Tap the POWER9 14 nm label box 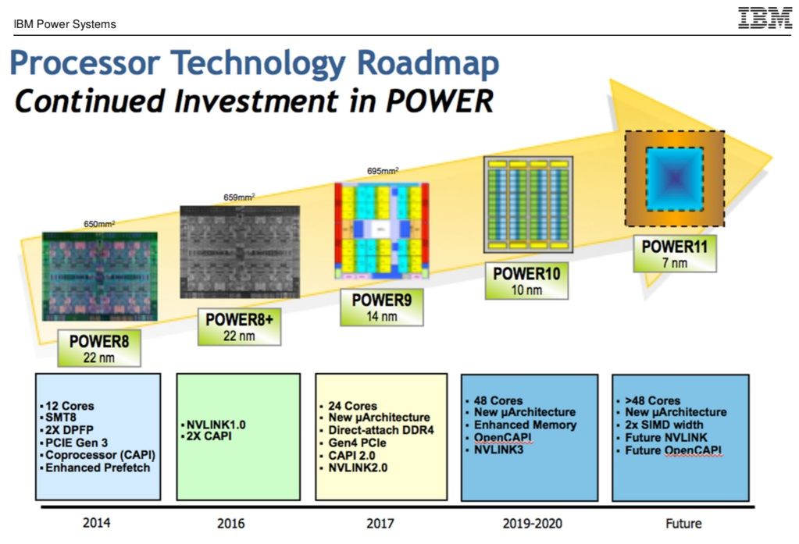point(382,308)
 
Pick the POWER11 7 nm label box point(674,254)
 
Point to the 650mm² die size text point(99,224)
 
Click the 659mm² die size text point(240,198)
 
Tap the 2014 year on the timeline point(96,522)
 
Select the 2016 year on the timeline point(238,522)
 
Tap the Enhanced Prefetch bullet point(97,468)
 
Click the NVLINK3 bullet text point(500,450)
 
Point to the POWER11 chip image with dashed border point(674,179)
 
